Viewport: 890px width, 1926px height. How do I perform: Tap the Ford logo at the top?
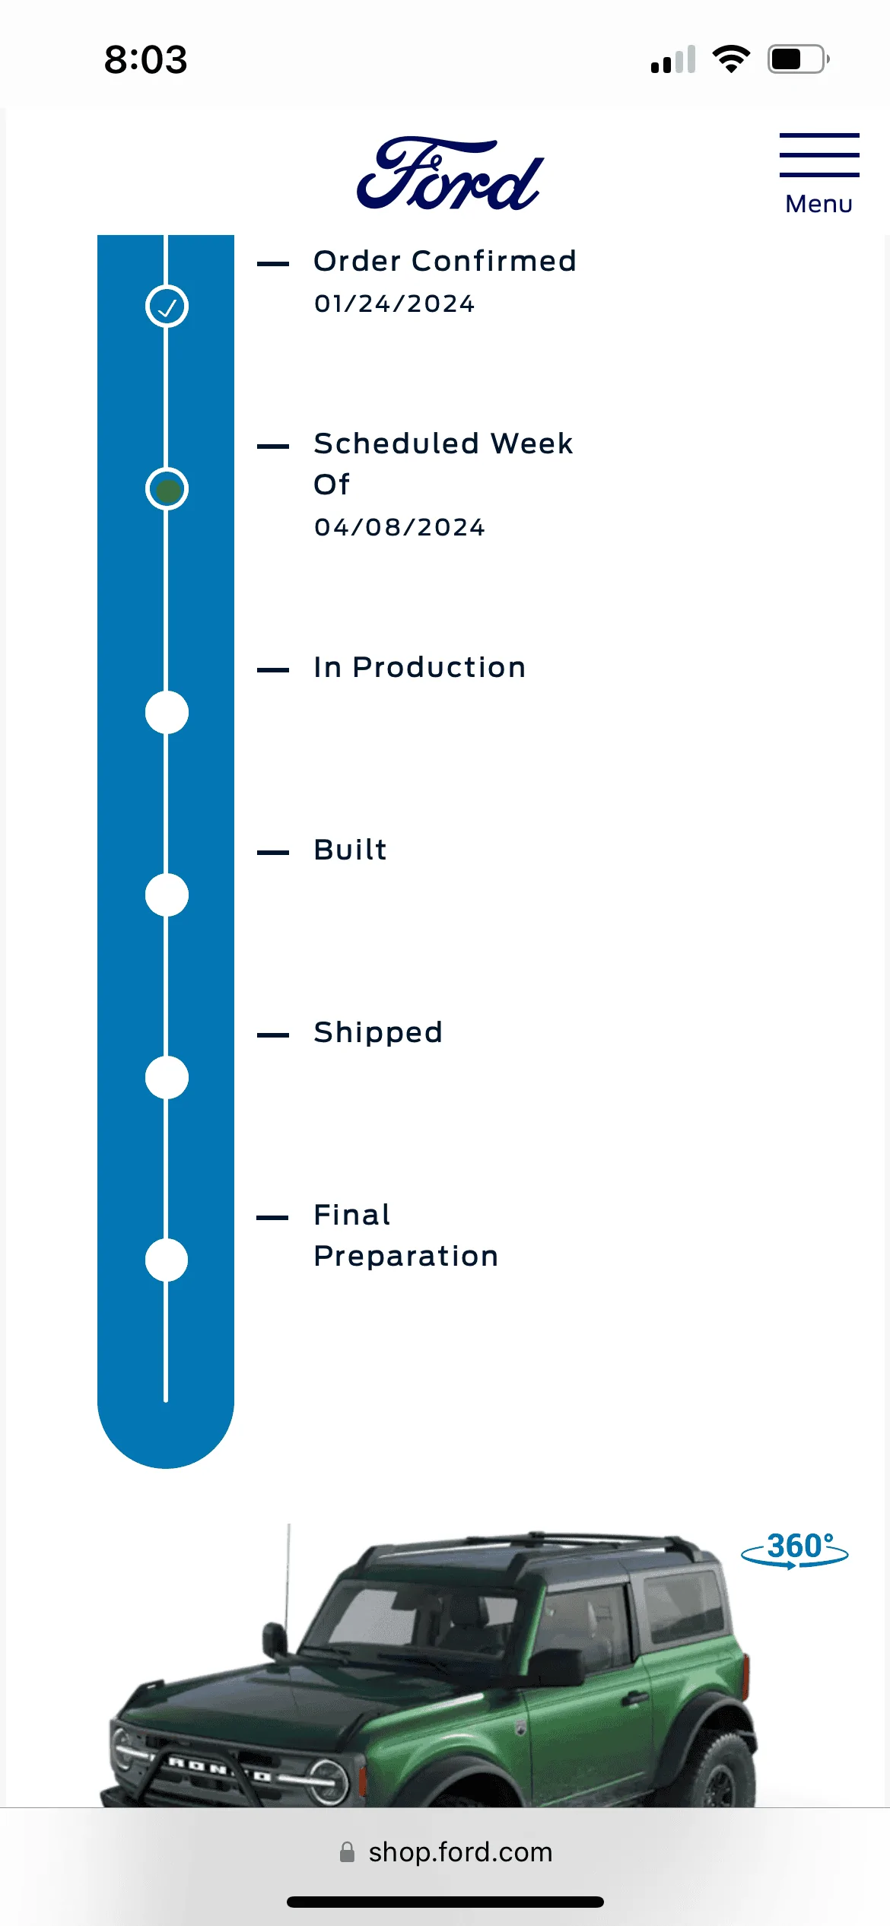pyautogui.click(x=450, y=173)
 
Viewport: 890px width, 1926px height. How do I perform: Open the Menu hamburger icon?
pyautogui.click(x=819, y=155)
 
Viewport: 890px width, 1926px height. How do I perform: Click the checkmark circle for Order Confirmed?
pyautogui.click(x=167, y=307)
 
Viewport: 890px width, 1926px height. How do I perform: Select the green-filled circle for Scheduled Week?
pyautogui.click(x=167, y=489)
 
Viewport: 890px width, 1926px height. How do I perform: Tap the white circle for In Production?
pyautogui.click(x=167, y=713)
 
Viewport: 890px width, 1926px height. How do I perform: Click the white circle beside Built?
pyautogui.click(x=167, y=895)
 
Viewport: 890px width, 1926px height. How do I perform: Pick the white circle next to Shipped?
pyautogui.click(x=167, y=1078)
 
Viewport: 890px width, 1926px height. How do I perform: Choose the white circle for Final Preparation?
pyautogui.click(x=167, y=1260)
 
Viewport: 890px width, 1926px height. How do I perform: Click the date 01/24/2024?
pyautogui.click(x=395, y=304)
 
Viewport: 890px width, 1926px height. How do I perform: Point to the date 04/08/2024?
pyautogui.click(x=399, y=527)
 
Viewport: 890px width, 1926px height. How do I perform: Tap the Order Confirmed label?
pyautogui.click(x=445, y=261)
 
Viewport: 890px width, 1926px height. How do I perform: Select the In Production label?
pyautogui.click(x=420, y=667)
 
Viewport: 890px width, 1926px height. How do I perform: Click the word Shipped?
pyautogui.click(x=378, y=1032)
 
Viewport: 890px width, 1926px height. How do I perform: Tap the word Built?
pyautogui.click(x=351, y=850)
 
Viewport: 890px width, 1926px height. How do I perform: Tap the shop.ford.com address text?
pyautogui.click(x=460, y=1851)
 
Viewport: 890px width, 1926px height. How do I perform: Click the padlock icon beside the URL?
pyautogui.click(x=347, y=1851)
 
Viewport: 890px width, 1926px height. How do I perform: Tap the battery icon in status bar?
pyautogui.click(x=798, y=59)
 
